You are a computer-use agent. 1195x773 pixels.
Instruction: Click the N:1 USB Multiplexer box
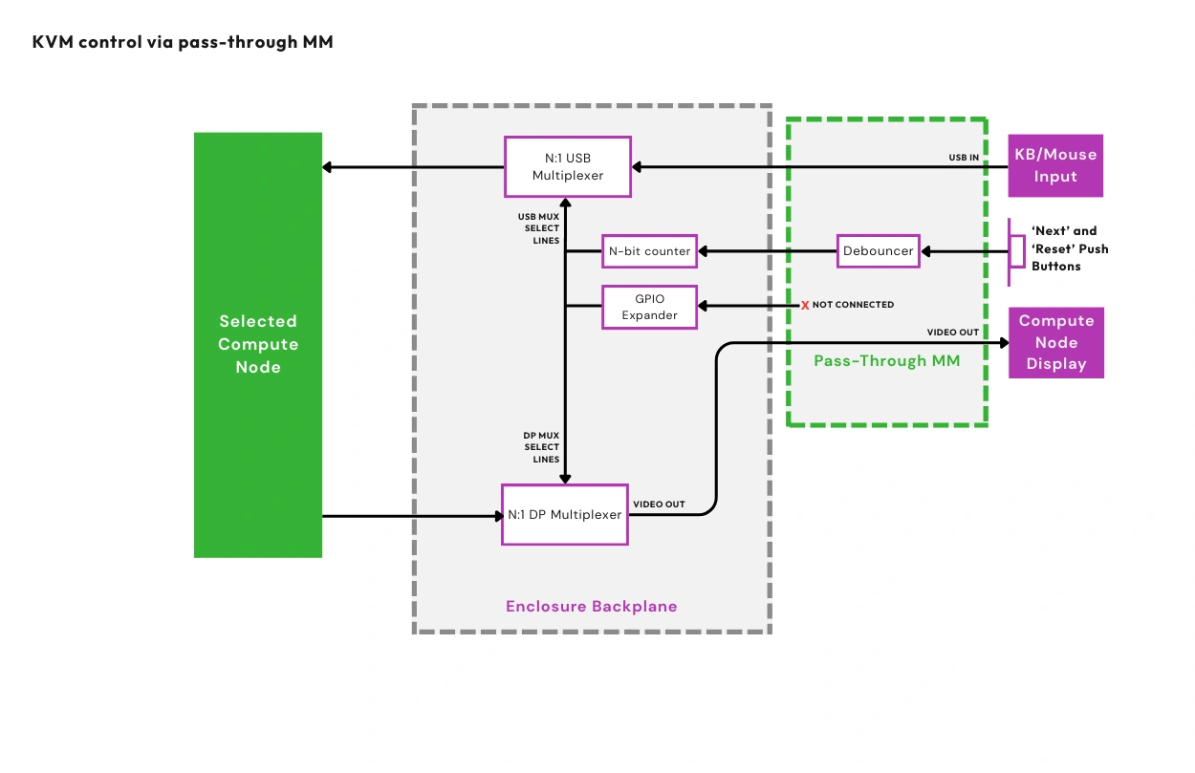568,167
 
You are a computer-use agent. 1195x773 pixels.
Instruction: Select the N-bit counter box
649,251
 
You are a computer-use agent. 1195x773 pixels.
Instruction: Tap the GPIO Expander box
649,307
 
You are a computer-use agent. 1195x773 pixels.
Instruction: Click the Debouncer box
879,251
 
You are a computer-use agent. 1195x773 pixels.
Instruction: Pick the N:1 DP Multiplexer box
564,514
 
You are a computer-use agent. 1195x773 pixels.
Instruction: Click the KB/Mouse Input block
1055,165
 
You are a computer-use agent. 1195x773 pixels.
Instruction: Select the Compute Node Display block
1055,342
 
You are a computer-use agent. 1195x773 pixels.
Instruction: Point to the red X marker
805,306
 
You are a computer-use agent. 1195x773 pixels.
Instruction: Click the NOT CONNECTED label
853,305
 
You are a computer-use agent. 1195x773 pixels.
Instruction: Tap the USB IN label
963,157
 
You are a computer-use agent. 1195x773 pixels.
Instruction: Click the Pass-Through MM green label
885,361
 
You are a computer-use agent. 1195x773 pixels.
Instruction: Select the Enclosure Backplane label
591,607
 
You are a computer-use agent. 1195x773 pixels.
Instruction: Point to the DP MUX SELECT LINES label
542,447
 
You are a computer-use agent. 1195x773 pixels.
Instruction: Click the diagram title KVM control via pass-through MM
183,42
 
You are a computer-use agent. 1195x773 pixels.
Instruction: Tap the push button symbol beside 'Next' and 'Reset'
1015,251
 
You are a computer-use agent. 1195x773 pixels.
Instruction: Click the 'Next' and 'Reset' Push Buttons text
1069,248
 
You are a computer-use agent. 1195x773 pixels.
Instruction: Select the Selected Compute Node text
257,344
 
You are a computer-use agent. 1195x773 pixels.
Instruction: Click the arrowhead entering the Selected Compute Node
328,167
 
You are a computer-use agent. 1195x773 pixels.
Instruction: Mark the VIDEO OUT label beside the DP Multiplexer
659,504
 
